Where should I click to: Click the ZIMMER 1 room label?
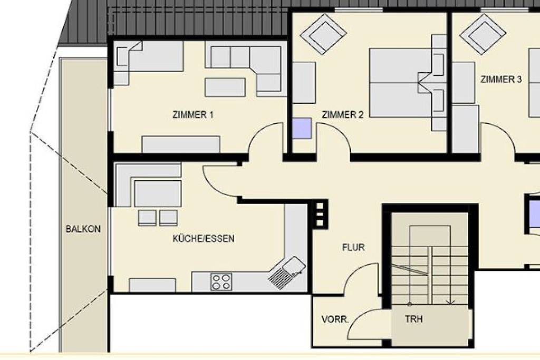193,114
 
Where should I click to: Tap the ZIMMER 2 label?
342,114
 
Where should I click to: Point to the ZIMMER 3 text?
501,80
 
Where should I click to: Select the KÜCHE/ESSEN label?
203,238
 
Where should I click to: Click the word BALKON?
83,229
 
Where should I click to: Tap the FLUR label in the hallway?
353,247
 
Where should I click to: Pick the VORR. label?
335,319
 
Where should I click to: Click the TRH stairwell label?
413,319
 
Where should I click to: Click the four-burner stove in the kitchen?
221,281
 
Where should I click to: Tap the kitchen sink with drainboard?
287,272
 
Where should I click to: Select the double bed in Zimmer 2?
403,83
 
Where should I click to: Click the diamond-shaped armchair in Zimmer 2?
323,34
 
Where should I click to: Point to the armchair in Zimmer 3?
483,34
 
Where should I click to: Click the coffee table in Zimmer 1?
225,87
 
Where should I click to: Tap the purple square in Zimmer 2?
302,129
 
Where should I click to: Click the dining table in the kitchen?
158,193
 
